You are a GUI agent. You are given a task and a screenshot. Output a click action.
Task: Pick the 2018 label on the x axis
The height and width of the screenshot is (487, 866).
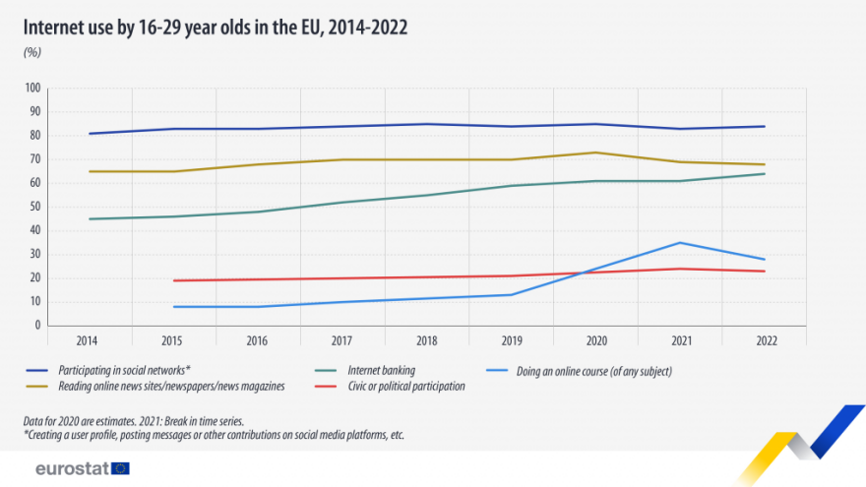[427, 340]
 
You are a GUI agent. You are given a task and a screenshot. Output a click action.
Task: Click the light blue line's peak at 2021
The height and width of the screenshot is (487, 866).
[680, 242]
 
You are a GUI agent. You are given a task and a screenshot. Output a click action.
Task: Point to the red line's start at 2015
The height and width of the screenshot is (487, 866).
[174, 280]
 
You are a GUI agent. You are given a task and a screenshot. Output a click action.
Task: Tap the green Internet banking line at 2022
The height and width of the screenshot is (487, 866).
[765, 174]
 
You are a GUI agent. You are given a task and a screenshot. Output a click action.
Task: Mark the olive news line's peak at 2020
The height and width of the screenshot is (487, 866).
[595, 152]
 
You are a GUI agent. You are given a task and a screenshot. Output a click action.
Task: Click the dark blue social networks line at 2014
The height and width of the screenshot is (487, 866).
[90, 134]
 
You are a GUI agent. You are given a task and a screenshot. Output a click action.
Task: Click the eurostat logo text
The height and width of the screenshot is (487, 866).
[71, 468]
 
